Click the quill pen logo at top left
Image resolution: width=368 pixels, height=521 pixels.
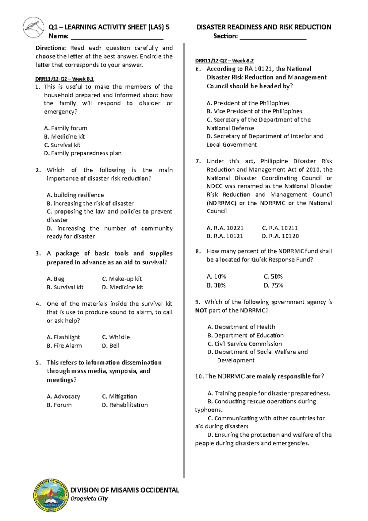[34, 27]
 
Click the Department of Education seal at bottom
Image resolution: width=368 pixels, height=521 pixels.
[51, 495]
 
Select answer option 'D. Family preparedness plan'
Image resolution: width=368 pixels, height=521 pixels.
[83, 153]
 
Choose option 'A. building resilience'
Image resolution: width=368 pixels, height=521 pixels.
[75, 195]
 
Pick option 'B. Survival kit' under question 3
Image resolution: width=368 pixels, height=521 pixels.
[65, 288]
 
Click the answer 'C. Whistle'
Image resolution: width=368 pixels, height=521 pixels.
[116, 337]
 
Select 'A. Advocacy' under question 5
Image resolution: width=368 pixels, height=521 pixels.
[63, 397]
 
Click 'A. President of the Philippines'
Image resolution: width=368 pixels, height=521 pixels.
[248, 103]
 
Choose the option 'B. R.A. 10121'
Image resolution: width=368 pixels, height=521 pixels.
[225, 236]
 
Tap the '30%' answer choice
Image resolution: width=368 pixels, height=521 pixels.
[216, 285]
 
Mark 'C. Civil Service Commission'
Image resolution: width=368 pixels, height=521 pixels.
[245, 344]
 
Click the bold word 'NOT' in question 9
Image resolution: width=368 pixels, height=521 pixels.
[201, 311]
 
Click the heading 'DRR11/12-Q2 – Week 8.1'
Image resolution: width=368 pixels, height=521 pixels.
[64, 79]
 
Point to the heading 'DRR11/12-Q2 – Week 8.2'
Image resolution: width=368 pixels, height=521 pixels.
[224, 61]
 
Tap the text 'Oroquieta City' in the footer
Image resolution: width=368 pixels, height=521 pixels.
[89, 499]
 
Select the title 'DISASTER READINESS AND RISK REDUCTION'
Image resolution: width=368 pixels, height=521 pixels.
[264, 27]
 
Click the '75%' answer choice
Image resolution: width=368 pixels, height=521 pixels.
[273, 285]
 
